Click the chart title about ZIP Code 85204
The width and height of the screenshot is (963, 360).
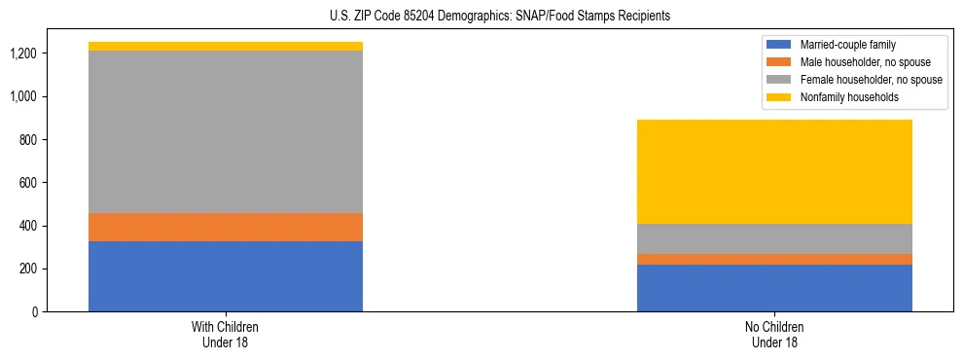(x=481, y=17)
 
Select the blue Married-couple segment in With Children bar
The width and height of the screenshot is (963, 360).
(x=226, y=276)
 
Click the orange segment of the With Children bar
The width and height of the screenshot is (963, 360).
(x=226, y=227)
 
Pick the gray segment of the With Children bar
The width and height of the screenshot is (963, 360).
(x=226, y=131)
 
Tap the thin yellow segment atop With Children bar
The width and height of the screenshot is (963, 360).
(x=226, y=46)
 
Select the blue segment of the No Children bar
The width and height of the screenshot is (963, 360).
(x=774, y=288)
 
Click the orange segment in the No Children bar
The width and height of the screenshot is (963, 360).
(x=774, y=259)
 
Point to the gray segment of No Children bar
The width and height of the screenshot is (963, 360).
(x=774, y=238)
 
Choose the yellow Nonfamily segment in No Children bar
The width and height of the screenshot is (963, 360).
(x=774, y=171)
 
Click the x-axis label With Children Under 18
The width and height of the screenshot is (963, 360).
(x=226, y=334)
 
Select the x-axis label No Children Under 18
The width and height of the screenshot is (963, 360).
(x=774, y=334)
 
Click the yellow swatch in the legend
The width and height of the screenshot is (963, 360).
(x=779, y=97)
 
